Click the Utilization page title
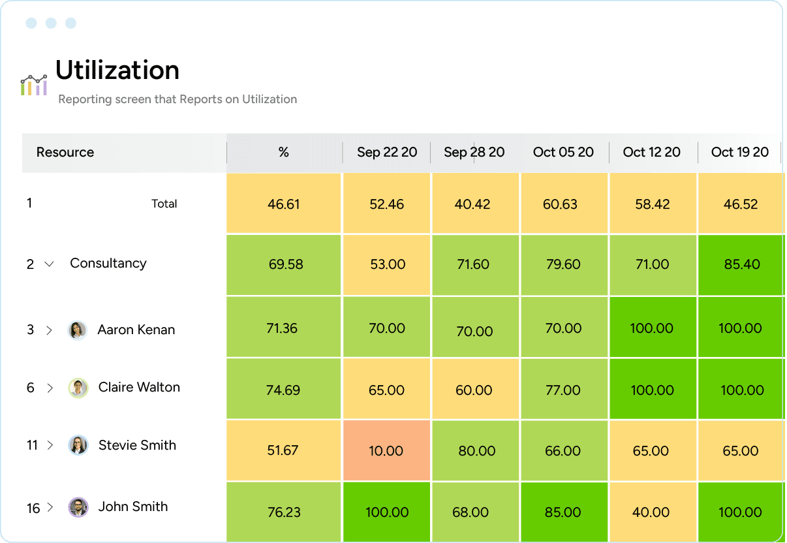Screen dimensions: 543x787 point(117,70)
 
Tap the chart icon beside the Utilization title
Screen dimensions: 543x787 point(33,85)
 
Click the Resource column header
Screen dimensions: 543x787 point(65,153)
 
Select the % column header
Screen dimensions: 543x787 point(283,153)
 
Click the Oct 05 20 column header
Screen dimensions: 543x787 point(563,153)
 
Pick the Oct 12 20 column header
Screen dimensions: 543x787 point(651,153)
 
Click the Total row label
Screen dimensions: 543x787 point(164,204)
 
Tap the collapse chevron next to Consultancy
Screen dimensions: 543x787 point(49,264)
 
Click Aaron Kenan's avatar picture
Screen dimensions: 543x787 point(78,330)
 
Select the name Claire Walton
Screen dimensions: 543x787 point(139,388)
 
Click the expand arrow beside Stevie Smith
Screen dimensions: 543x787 point(50,446)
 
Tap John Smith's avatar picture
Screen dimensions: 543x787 point(78,507)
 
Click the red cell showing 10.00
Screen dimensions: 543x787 point(386,451)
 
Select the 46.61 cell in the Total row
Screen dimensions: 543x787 point(283,204)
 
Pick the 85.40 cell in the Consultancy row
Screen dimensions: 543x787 point(740,264)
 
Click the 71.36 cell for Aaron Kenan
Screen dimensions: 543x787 point(282,328)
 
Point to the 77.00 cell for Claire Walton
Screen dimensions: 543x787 point(563,390)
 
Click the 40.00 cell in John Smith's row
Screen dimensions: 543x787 point(651,512)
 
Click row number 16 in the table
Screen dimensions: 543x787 point(33,508)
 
